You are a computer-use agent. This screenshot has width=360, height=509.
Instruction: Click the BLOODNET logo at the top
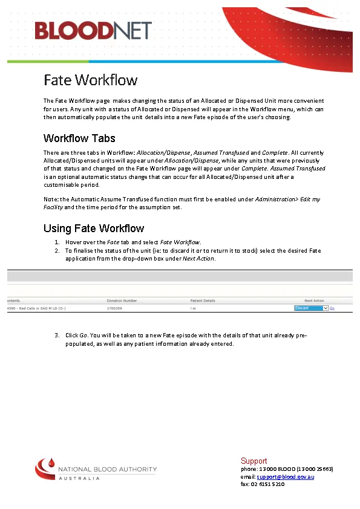point(92,30)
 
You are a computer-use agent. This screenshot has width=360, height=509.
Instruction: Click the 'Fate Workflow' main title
point(90,80)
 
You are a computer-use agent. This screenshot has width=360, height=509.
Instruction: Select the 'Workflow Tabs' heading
point(79,138)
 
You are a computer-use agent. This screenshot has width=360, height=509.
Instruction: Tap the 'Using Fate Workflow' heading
point(94,228)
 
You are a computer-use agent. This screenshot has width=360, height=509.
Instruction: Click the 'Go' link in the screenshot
point(332,308)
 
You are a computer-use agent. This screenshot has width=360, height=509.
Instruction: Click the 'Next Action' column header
point(314,300)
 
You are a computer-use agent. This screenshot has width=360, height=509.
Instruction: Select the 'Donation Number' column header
point(122,300)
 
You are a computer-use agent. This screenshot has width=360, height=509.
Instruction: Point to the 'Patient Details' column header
point(203,300)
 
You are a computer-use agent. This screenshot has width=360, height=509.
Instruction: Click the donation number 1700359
point(114,308)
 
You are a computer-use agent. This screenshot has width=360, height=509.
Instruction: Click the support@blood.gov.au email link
point(286,477)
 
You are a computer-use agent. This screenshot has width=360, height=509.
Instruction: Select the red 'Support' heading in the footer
point(254,461)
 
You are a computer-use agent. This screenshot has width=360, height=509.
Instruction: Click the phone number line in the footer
point(287,469)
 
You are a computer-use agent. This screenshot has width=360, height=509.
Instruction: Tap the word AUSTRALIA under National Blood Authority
point(79,479)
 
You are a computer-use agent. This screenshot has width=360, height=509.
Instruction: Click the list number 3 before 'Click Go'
point(57,335)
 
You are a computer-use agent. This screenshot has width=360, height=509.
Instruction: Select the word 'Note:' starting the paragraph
point(51,199)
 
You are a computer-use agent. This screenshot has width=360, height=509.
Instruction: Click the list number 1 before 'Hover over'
point(57,242)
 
